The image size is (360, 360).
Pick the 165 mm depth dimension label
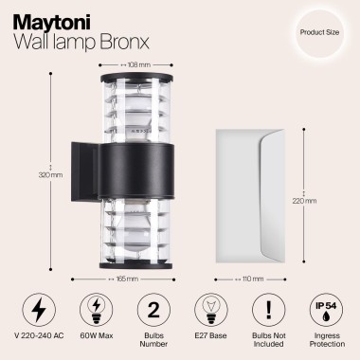coord(126,279)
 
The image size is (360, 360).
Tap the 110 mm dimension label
coord(252,279)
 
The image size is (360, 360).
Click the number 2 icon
coord(153,310)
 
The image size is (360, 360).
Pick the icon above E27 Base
coord(208,310)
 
